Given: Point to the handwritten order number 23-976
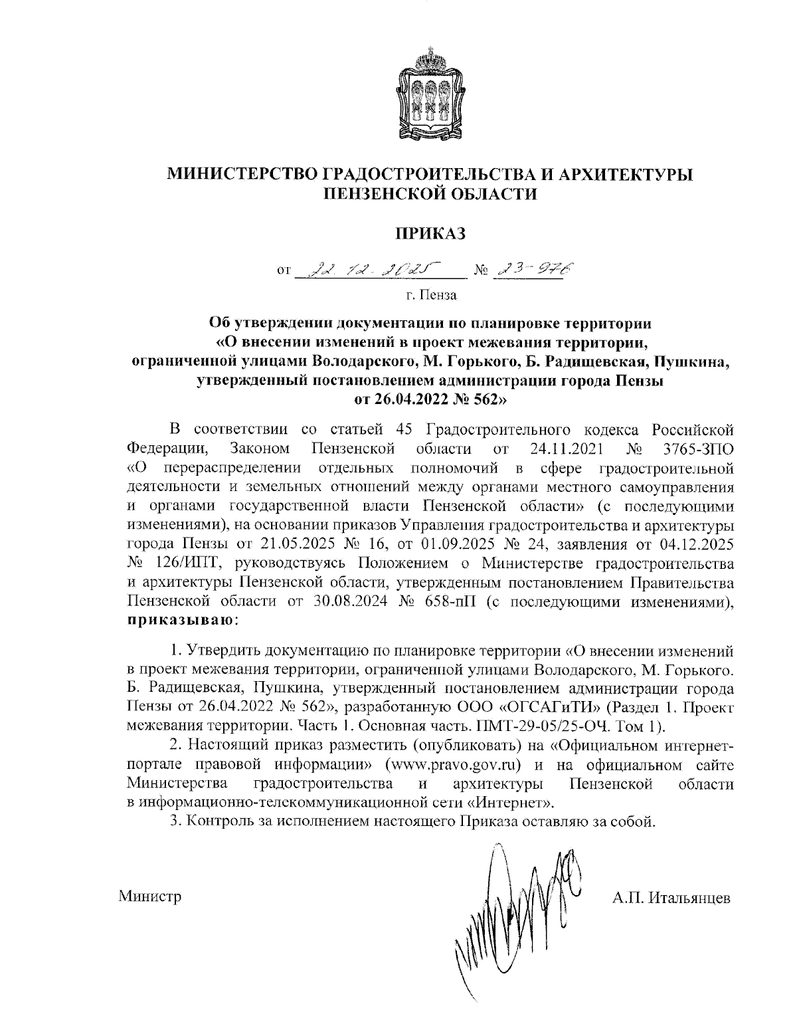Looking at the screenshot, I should (x=533, y=268).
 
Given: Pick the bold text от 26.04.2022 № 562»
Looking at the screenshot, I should (x=430, y=399).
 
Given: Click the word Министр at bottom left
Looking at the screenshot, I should (x=150, y=897).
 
